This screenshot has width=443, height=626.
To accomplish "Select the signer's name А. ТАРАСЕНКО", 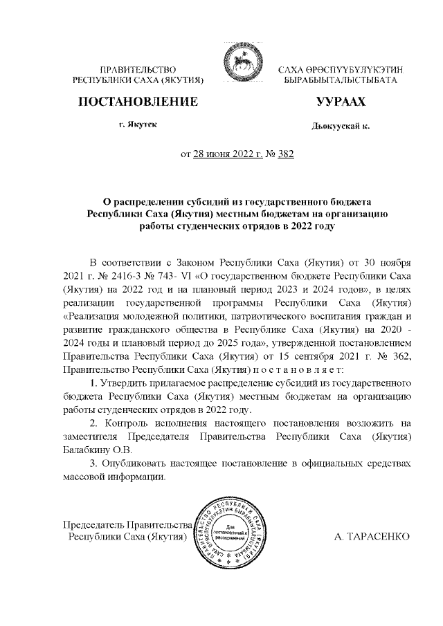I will coord(372,537).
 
